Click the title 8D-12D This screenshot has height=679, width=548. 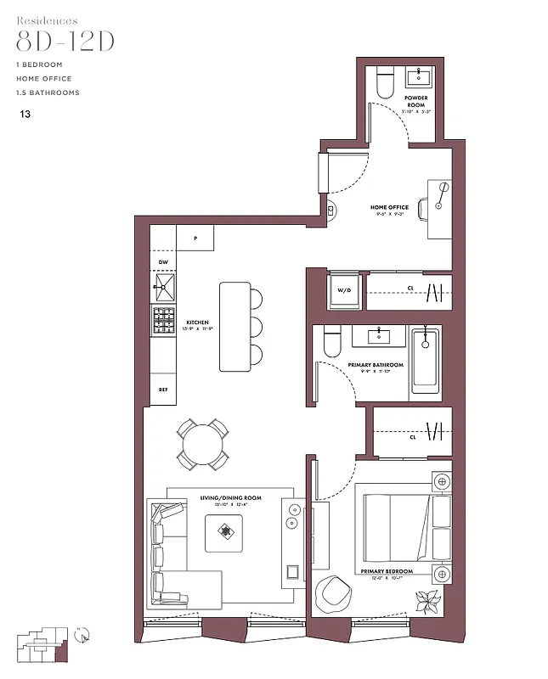65,43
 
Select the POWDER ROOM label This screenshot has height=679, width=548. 415,101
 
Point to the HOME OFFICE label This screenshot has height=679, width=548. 389,207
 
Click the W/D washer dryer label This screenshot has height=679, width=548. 344,290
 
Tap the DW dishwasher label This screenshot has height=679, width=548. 163,262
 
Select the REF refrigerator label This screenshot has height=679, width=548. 163,390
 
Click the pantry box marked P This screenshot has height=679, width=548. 195,238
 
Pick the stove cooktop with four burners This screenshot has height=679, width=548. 163,322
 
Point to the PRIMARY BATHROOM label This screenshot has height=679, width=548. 376,365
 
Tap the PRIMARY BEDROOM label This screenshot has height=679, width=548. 387,572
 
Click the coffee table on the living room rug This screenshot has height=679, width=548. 225,532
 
